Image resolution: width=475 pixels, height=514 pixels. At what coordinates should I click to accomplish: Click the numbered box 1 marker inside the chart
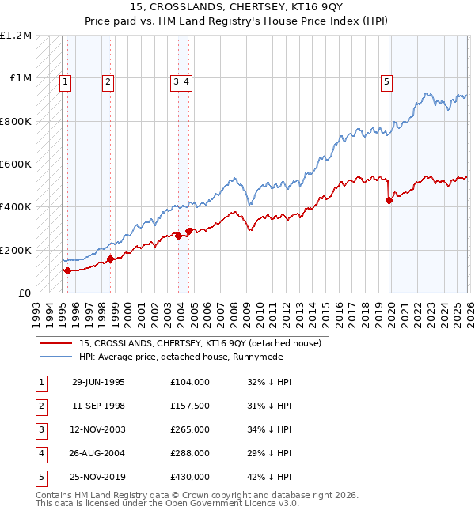(x=64, y=80)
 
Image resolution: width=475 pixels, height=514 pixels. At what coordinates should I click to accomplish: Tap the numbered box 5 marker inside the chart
(x=386, y=80)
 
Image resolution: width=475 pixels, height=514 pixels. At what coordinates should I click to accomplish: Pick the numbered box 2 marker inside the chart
(x=107, y=80)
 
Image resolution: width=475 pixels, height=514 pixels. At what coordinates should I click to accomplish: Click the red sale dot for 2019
(x=389, y=201)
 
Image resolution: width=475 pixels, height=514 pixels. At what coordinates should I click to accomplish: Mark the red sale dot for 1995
(x=68, y=270)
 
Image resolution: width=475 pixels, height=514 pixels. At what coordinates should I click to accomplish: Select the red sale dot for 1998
(x=110, y=259)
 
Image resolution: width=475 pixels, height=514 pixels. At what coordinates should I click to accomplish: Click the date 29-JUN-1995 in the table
(x=98, y=382)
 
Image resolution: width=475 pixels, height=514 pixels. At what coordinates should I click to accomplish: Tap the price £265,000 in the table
(x=190, y=429)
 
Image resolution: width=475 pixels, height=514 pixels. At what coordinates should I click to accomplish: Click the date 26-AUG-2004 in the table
(x=98, y=453)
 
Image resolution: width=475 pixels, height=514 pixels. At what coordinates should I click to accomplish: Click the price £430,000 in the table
(x=190, y=477)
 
